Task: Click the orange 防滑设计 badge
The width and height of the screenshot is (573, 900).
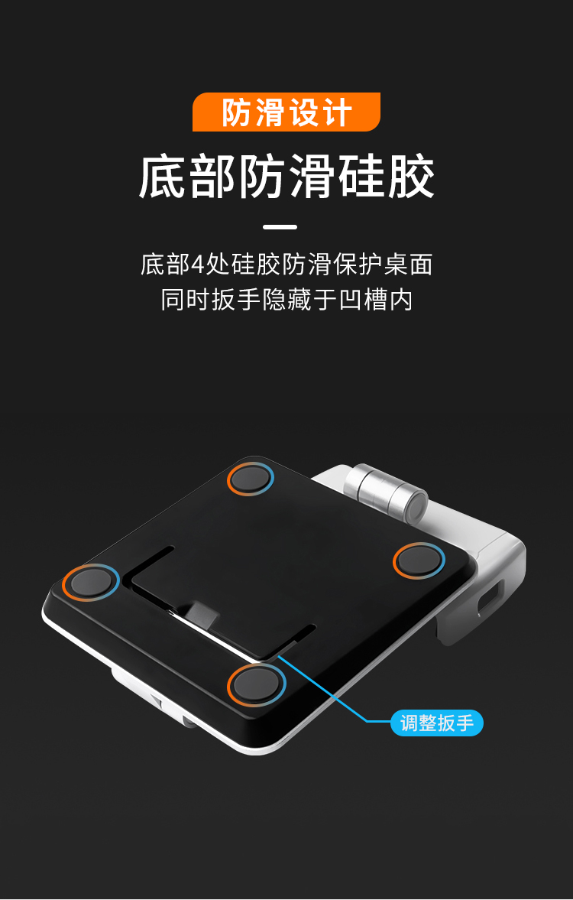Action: (286, 112)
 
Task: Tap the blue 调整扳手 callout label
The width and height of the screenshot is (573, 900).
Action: (437, 723)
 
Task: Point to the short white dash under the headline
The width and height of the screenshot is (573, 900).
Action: (280, 227)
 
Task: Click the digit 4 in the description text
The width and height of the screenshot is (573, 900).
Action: (197, 265)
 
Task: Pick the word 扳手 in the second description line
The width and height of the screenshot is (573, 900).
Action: (236, 301)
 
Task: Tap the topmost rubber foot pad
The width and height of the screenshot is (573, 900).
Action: (250, 478)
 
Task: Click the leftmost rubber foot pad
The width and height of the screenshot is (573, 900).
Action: (91, 581)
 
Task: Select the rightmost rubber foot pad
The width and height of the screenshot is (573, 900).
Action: (419, 560)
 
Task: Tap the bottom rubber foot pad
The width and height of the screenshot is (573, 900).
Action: (257, 684)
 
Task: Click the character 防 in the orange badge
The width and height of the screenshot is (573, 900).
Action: (237, 112)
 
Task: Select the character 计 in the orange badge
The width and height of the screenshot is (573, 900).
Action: (337, 112)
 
